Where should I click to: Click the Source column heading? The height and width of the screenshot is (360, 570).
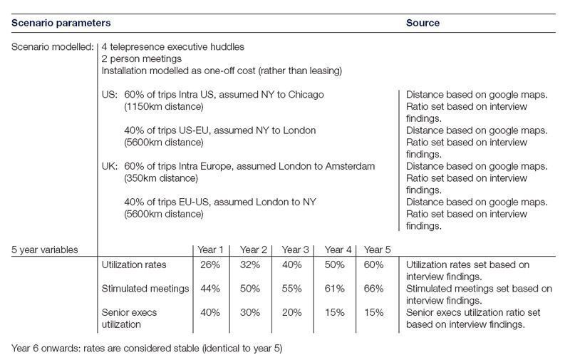pos(423,23)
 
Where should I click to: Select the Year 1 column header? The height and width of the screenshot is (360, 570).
pos(210,250)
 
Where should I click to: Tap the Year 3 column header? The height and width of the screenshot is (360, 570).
pos(296,250)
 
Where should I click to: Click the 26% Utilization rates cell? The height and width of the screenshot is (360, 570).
pos(211,265)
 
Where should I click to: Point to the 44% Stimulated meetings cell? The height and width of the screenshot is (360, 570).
pos(211,289)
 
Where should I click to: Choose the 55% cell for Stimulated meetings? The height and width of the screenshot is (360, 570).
pos(296,289)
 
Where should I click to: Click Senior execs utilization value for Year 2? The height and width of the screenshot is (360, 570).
pos(254,312)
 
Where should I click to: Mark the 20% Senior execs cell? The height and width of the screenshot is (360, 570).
pos(296,312)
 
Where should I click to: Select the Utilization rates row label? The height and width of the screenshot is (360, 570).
pos(135,265)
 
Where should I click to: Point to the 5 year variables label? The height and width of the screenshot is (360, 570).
pos(45,250)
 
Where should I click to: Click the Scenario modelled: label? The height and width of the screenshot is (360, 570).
pos(51,47)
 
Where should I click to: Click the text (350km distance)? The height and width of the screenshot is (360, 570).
pos(161,178)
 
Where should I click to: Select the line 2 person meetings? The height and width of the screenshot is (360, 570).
pos(142,58)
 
